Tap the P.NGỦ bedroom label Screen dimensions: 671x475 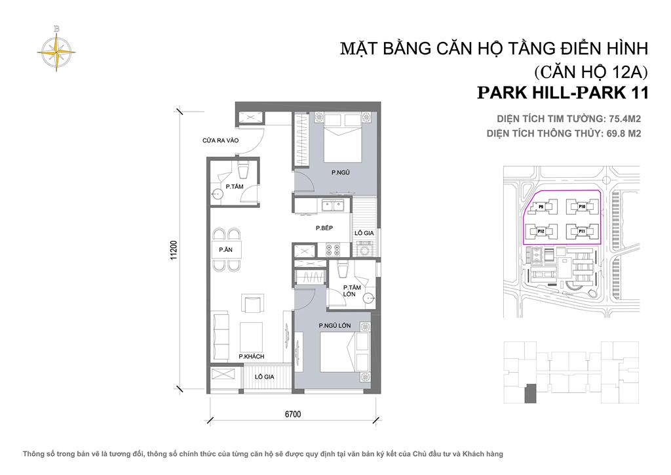(x=341, y=173)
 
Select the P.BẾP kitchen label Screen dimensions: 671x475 (x=324, y=228)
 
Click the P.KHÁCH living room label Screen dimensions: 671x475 (x=251, y=356)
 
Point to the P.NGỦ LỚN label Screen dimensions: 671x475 (x=335, y=325)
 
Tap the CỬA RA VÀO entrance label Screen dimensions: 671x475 (x=220, y=140)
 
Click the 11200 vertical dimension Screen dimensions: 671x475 (x=174, y=250)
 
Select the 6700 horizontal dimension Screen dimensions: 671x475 (x=293, y=414)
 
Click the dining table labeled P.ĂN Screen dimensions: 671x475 (x=226, y=250)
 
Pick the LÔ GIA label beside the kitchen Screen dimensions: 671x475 (x=364, y=233)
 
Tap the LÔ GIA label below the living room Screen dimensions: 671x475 (x=264, y=377)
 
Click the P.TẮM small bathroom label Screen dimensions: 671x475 (x=235, y=187)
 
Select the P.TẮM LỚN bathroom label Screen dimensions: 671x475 (x=352, y=291)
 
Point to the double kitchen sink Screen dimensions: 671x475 (x=333, y=206)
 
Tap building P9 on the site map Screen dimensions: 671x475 (x=541, y=207)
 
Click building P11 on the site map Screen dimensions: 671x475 (x=582, y=232)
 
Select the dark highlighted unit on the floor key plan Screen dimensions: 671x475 (x=530, y=394)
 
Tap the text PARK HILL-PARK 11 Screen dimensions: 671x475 (x=563, y=93)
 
